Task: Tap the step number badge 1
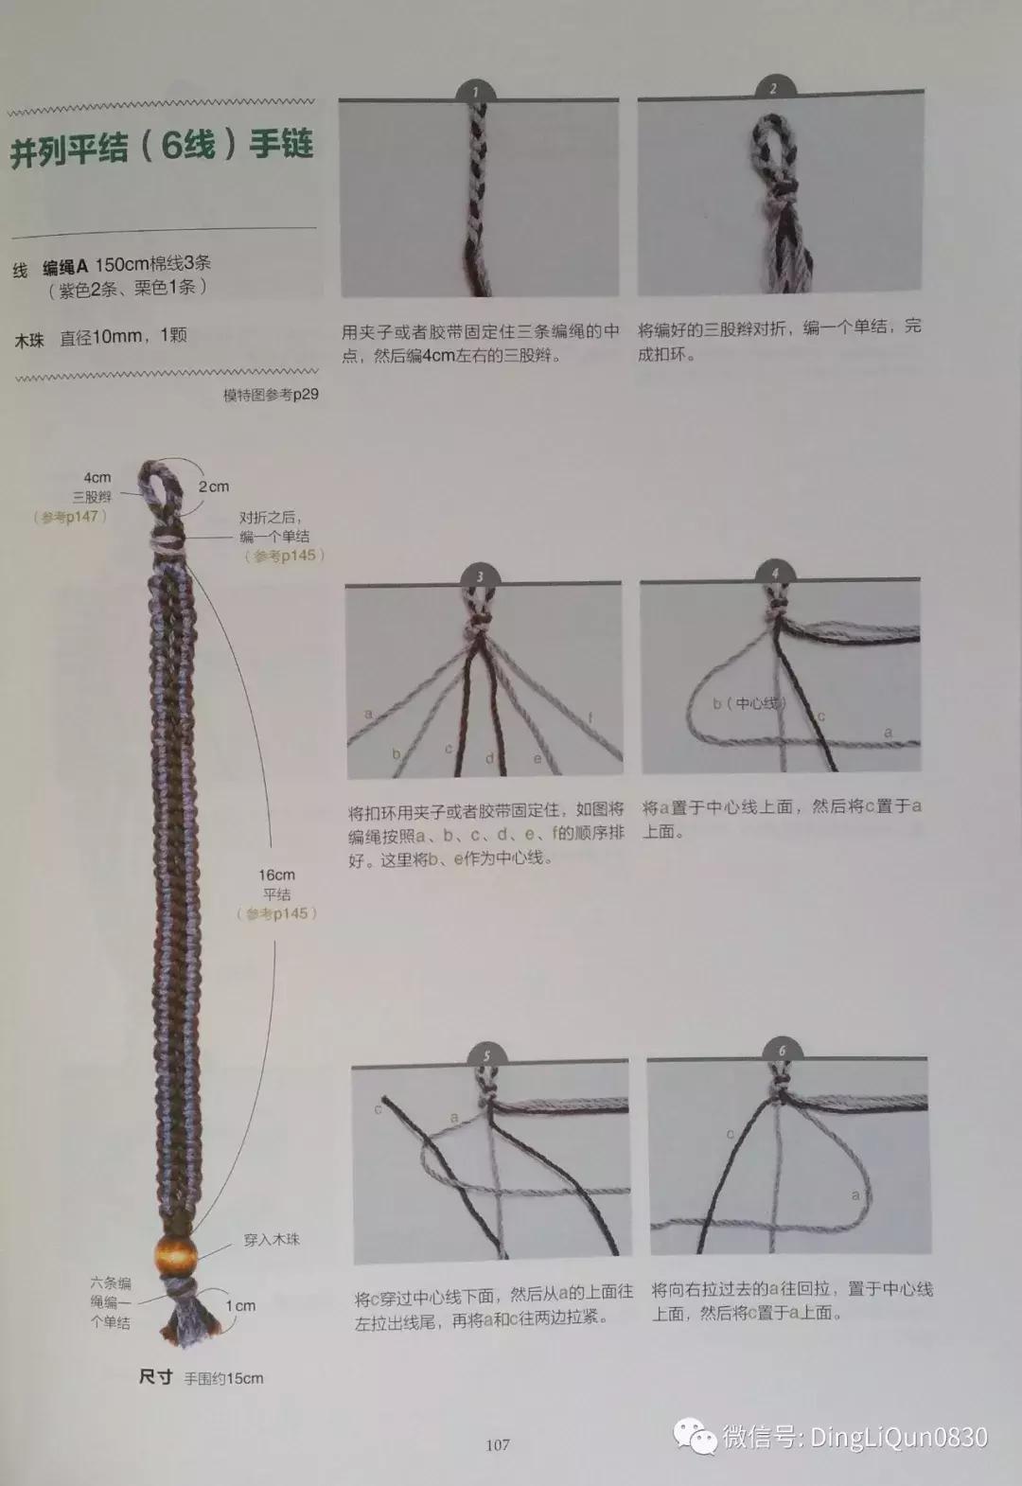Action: coord(476,91)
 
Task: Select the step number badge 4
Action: coord(776,573)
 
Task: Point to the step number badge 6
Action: coord(782,1051)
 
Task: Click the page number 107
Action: coord(498,1444)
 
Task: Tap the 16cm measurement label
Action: coord(277,875)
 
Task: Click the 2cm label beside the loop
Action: coord(214,486)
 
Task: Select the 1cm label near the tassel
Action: coord(240,1305)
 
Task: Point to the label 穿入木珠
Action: coord(272,1239)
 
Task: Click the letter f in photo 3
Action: coord(590,717)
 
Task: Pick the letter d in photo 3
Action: coord(489,758)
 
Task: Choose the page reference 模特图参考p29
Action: coord(271,395)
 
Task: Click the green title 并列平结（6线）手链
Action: coord(162,149)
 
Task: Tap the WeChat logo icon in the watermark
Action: coord(696,1437)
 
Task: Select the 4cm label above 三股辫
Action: coord(97,477)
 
